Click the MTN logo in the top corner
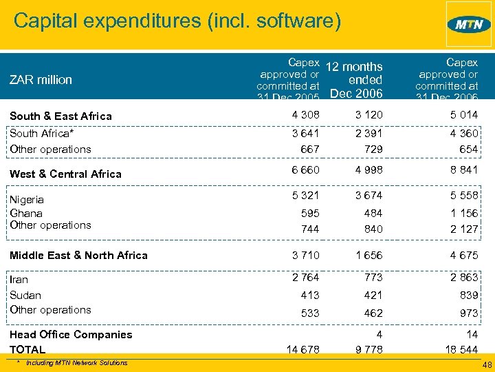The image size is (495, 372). (468, 24)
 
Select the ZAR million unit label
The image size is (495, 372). (41, 79)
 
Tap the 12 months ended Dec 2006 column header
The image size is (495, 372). (354, 80)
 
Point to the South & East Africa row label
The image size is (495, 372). (60, 116)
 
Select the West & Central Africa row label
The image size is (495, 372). (65, 174)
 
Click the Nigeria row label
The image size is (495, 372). (27, 199)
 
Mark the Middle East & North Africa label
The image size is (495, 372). (78, 255)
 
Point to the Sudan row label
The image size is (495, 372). (25, 295)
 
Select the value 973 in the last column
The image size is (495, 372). (468, 313)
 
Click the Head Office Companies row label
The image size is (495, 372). (71, 334)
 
